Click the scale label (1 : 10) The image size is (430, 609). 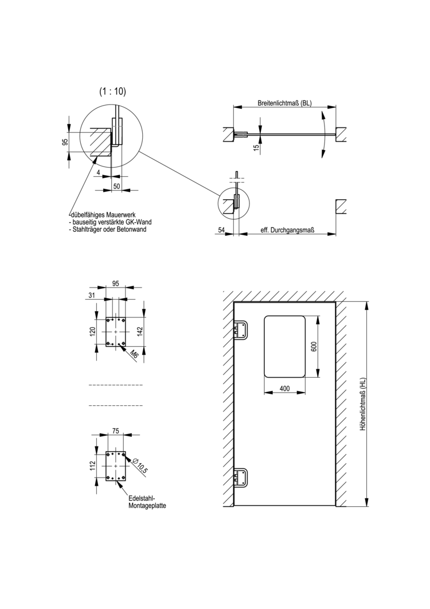coord(112,91)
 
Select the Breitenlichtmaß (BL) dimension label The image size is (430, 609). coord(284,103)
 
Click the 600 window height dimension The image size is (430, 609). coord(314,346)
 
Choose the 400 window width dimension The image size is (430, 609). coord(284,389)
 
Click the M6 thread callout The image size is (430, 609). coord(134,354)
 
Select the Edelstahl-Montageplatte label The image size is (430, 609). coord(143,502)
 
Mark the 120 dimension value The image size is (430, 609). coord(93,331)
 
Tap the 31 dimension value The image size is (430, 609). coord(92,295)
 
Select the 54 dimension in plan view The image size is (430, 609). coord(221,230)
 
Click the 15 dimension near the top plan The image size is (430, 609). coord(256,147)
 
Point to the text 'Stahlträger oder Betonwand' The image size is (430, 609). coord(108,229)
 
